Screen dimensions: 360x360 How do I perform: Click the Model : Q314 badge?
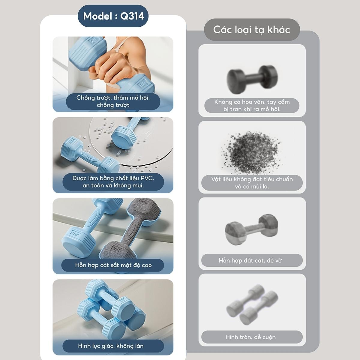pos(113,16)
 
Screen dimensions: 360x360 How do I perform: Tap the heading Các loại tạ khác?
pos(252,30)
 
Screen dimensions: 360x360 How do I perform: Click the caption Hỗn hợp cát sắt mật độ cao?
pos(113,265)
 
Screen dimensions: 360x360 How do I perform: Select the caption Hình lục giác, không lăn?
pos(111,346)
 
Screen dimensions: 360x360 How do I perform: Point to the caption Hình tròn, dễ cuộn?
pos(250,337)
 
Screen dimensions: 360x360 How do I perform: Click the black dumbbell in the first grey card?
pos(252,79)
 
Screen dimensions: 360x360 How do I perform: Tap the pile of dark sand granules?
pos(252,152)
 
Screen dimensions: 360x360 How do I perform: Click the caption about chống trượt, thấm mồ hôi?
pos(113,101)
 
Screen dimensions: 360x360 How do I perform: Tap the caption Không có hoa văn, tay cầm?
pos(252,102)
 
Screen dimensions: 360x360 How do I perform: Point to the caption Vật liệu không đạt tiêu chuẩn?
pos(252,179)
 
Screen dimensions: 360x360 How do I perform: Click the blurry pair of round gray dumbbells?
pos(252,305)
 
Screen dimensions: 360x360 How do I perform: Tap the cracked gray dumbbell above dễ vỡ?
pos(251,229)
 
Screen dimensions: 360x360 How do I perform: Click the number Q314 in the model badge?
pos(132,16)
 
